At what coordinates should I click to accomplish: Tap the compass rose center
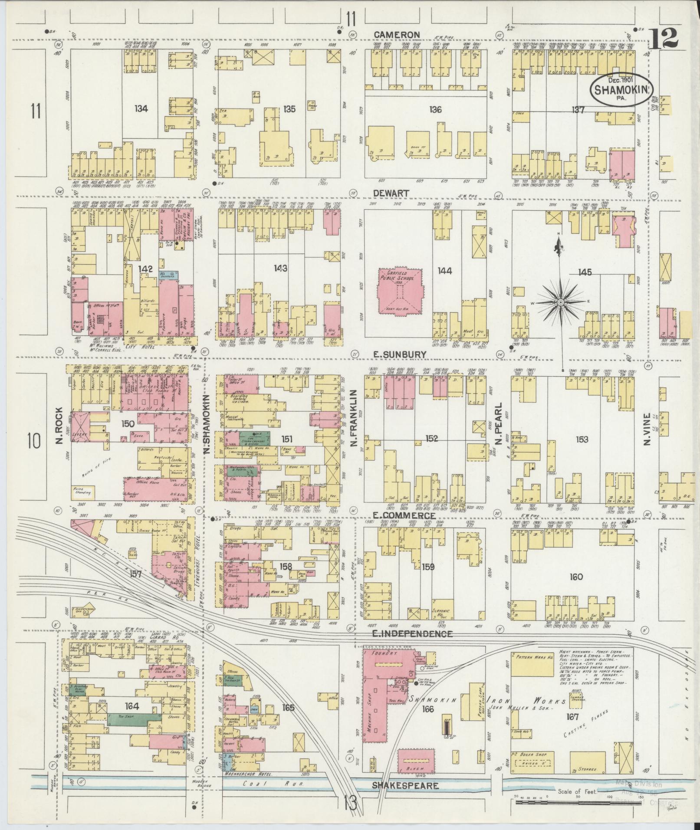click(x=560, y=302)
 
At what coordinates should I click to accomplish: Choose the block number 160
click(x=576, y=577)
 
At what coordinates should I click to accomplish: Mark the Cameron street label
click(x=397, y=35)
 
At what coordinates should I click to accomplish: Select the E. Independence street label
click(x=412, y=634)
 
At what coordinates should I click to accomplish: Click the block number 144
click(x=445, y=271)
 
